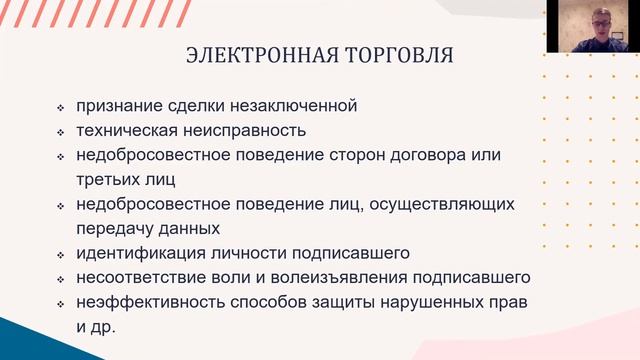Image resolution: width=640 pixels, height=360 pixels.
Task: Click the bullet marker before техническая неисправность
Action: tap(61, 132)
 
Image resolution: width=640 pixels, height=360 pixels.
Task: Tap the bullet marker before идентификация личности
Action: tap(61, 255)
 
